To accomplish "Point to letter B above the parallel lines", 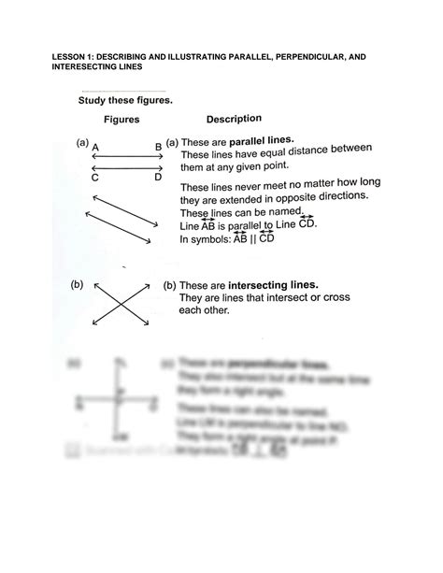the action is pyautogui.click(x=158, y=147).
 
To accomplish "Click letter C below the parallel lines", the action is pyautogui.click(x=96, y=177).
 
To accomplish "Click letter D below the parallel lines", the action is pyautogui.click(x=158, y=177).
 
